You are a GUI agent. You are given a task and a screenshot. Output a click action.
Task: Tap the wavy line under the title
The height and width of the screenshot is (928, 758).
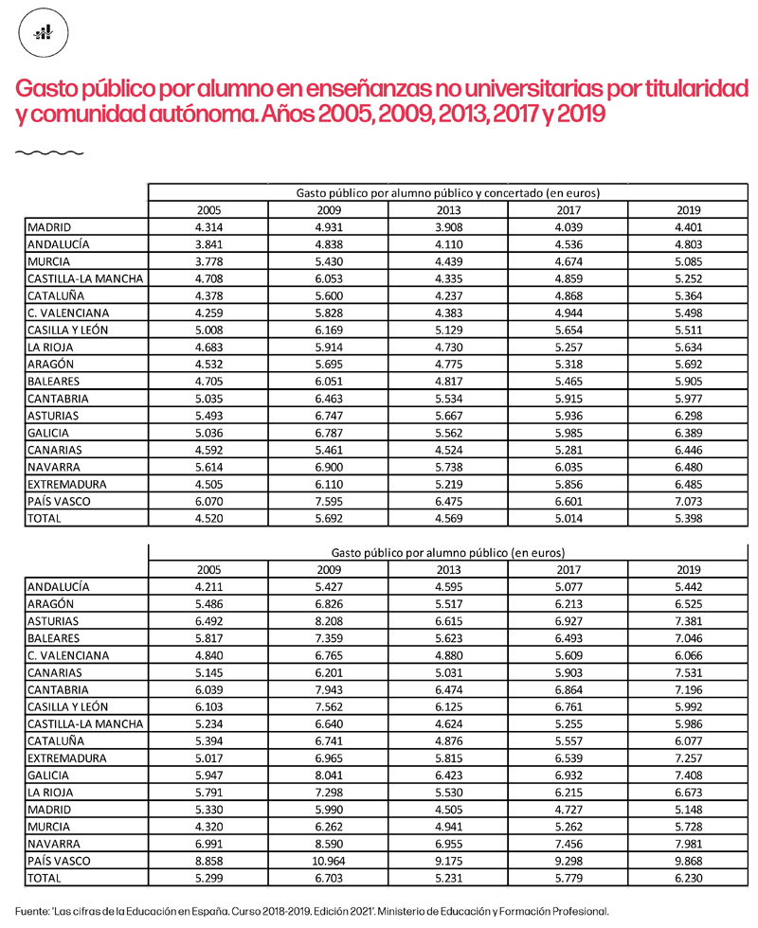click(50, 152)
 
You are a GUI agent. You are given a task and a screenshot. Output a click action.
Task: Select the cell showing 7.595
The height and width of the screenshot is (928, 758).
click(329, 501)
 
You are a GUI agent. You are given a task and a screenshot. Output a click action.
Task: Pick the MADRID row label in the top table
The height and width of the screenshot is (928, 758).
click(49, 227)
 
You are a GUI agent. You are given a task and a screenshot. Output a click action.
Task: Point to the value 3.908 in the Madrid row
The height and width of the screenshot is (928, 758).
click(448, 227)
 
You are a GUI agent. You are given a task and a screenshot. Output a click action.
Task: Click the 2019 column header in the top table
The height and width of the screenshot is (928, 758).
click(688, 210)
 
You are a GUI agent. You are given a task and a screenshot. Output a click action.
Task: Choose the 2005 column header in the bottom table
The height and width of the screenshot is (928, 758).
click(208, 569)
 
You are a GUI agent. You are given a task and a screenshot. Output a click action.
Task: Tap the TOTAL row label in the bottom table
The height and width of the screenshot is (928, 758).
click(45, 878)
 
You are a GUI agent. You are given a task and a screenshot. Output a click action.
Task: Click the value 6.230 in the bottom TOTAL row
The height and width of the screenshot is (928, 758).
click(688, 878)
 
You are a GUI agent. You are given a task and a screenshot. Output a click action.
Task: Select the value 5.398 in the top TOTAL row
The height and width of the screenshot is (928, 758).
click(688, 518)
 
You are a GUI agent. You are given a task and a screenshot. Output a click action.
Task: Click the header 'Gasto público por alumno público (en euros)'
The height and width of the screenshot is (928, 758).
click(448, 551)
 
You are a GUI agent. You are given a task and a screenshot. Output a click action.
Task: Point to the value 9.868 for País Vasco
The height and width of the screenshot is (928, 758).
click(688, 861)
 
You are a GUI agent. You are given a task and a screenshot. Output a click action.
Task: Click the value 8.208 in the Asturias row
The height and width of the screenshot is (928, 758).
click(329, 620)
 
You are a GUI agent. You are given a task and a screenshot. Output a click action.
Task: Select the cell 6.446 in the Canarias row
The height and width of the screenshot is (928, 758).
click(688, 450)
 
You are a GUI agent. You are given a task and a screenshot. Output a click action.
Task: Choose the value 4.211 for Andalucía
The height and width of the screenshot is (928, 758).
click(208, 586)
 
